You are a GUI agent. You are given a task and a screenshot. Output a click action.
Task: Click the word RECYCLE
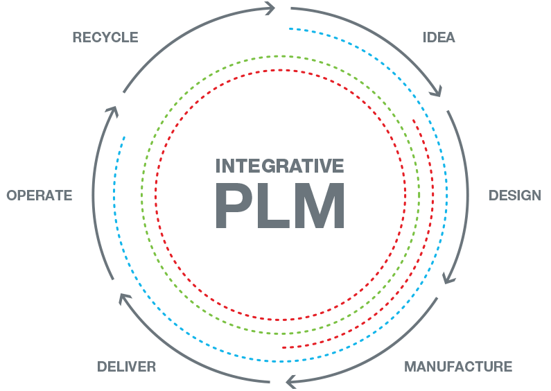(x=105, y=37)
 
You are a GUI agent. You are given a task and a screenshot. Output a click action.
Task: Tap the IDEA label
(x=439, y=37)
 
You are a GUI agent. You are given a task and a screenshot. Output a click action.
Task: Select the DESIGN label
(x=514, y=195)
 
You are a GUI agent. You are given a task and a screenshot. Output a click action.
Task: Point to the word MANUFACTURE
(x=458, y=366)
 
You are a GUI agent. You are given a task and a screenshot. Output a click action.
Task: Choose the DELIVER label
(x=126, y=366)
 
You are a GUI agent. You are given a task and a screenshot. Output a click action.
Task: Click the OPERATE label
(x=40, y=195)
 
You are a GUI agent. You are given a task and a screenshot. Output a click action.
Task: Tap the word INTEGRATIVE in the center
(x=280, y=166)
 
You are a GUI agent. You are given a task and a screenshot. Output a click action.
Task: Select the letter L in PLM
(x=277, y=206)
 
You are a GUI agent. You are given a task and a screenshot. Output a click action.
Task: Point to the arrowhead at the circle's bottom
(x=292, y=381)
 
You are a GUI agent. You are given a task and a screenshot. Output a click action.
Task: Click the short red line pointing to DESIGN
(x=448, y=200)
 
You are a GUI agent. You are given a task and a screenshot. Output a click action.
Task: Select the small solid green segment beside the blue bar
(x=143, y=217)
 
